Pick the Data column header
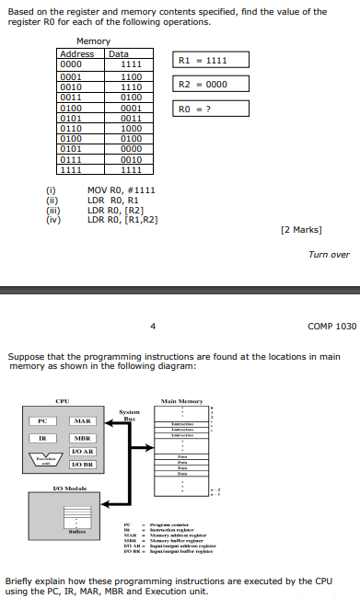coord(120,54)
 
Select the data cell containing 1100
coord(131,75)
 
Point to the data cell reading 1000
coord(131,129)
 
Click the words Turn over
coord(329,255)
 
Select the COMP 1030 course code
coord(332,326)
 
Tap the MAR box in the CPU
coord(82,421)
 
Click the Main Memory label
coord(181,400)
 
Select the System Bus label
coord(129,415)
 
